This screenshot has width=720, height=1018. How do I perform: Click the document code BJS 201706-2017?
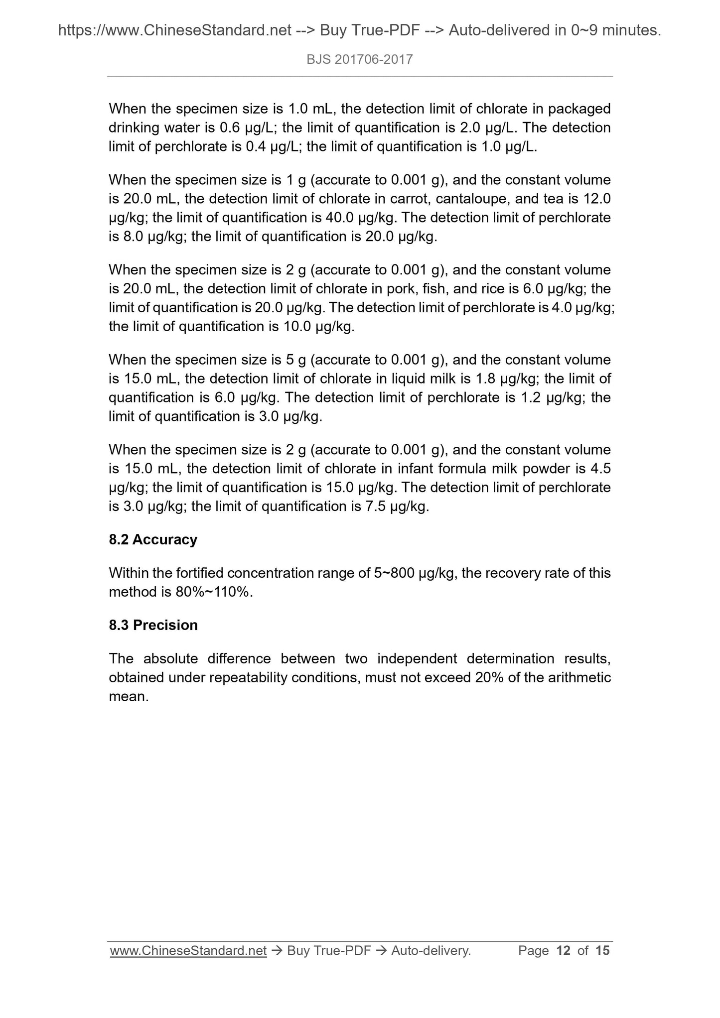pyautogui.click(x=360, y=60)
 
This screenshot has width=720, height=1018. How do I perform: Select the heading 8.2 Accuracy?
pyautogui.click(x=153, y=539)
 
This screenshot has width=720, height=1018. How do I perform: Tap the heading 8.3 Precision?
pyautogui.click(x=153, y=625)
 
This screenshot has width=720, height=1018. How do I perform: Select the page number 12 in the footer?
pyautogui.click(x=563, y=951)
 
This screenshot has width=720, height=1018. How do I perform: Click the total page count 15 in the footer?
pyautogui.click(x=602, y=951)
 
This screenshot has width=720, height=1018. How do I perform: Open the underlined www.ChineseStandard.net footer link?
pyautogui.click(x=188, y=951)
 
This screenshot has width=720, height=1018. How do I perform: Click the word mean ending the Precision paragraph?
pyautogui.click(x=128, y=697)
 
